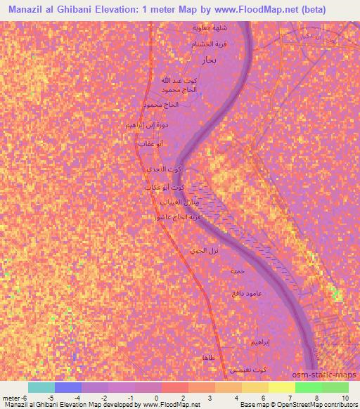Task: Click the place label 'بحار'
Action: pos(212,60)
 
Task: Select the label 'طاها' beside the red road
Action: pos(207,358)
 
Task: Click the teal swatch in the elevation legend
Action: pos(41,387)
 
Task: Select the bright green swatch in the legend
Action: pos(308,387)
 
